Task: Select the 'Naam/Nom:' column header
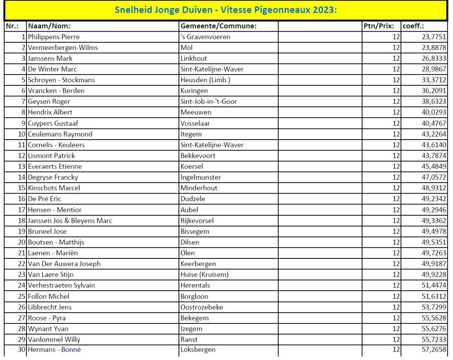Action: pos(49,26)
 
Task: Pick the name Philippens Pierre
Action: pos(54,37)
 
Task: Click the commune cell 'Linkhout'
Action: pos(194,58)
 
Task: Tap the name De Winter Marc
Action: pos(52,69)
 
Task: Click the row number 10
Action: pos(21,134)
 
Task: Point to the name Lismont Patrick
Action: pos(51,155)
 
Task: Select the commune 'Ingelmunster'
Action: pos(201,177)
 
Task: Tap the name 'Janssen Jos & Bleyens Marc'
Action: pos(70,220)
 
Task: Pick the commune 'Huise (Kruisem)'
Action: pos(205,274)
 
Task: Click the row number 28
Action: pos(21,329)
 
